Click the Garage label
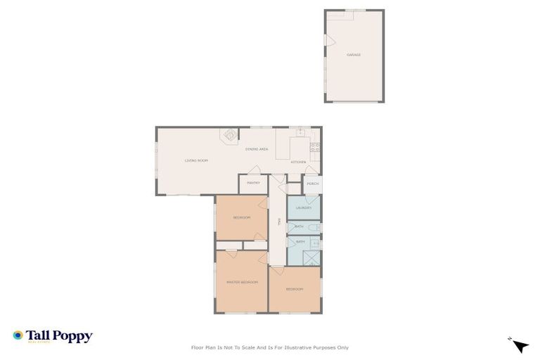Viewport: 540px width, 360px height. click(x=354, y=54)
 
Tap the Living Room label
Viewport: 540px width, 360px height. click(x=196, y=160)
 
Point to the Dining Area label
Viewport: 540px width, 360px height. click(x=257, y=149)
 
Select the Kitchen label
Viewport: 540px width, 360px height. click(x=299, y=162)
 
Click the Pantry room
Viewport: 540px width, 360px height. click(x=253, y=183)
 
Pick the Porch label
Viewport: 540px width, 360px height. click(x=313, y=184)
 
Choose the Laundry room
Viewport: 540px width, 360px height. click(x=304, y=208)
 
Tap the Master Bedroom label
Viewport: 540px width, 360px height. click(x=241, y=282)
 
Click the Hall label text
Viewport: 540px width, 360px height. click(x=279, y=221)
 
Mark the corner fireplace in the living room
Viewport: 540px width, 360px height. click(x=230, y=134)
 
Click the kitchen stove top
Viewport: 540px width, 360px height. click(x=316, y=147)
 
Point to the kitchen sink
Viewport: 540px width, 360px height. click(x=300, y=131)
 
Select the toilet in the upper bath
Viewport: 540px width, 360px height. click(x=316, y=227)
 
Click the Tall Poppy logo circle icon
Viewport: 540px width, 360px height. click(x=18, y=336)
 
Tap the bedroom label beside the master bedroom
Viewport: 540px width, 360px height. click(x=294, y=290)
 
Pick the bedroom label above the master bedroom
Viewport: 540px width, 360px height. click(x=241, y=218)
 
